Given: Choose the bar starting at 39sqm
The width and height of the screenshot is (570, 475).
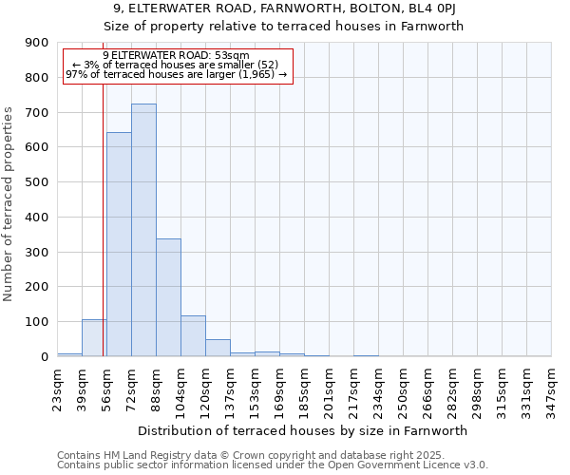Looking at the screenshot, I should coord(94,338).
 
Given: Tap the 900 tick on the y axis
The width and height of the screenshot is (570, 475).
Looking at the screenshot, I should coord(37,43).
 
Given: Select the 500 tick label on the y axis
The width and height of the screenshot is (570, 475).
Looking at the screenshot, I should coord(37,182).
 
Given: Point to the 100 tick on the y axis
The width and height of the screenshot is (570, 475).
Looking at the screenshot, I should coord(37,322).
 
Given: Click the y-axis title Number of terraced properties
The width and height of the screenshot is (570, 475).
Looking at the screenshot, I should coord(9,203).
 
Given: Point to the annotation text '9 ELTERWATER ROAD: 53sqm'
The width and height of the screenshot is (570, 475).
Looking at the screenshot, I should coord(176,56).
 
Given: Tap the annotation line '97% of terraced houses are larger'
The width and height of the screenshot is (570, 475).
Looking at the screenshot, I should coord(176,74).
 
